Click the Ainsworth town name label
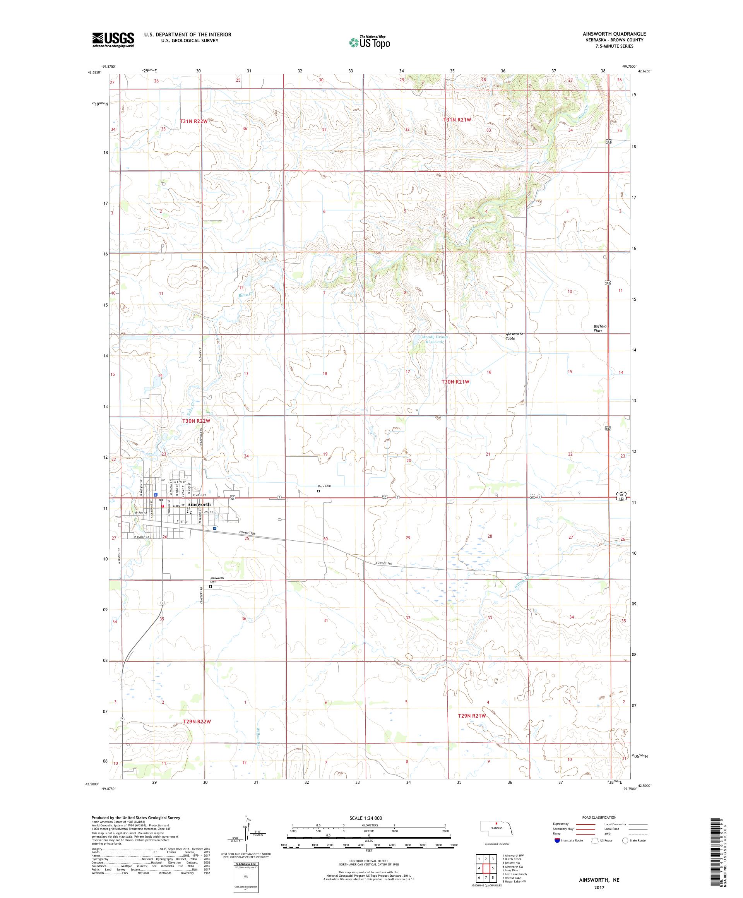(x=199, y=505)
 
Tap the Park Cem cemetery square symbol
(x=318, y=491)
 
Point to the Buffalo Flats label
(x=599, y=328)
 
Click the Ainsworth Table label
(x=514, y=336)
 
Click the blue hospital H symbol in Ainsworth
(x=215, y=528)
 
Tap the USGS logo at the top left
(x=113, y=40)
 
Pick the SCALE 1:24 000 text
(x=369, y=817)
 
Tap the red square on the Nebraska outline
(x=496, y=822)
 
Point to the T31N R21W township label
(x=457, y=120)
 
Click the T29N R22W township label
(x=197, y=721)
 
